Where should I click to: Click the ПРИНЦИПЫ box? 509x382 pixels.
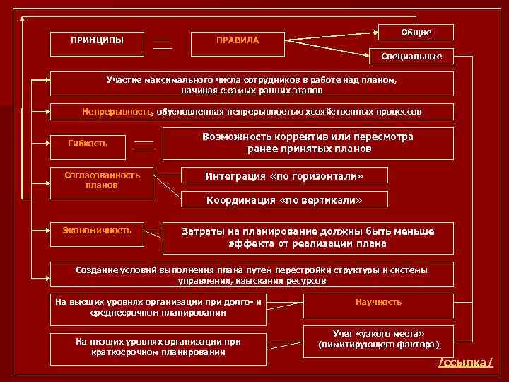pos(98,40)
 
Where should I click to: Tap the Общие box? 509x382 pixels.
pos(416,33)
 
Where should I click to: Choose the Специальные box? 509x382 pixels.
pos(411,56)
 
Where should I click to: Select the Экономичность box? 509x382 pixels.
pos(96,231)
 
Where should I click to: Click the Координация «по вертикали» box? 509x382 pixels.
pos(284,200)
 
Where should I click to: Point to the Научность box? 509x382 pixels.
pos(378,303)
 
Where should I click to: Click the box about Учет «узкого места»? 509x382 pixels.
pos(378,340)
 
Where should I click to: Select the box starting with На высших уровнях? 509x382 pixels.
pos(158,308)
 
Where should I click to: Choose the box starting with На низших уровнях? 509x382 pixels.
pos(158,347)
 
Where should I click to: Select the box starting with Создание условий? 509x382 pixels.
pos(252,276)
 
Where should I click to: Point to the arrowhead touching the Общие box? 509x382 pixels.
pos(374,30)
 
